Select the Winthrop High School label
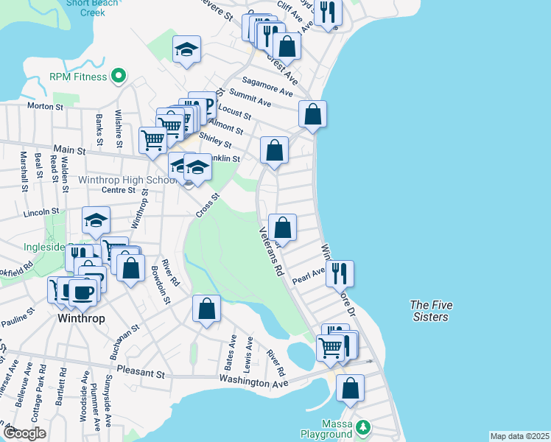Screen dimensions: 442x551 coord(127,180)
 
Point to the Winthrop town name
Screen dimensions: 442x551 coord(81,319)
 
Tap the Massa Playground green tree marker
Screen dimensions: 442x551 coord(362,427)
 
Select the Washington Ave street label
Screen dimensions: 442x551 coord(253,381)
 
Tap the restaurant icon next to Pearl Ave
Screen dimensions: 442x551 coord(340,273)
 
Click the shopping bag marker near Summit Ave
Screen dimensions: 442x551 coord(312,114)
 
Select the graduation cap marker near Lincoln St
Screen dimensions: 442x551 coord(96,220)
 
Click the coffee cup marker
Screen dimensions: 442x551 coord(82,291)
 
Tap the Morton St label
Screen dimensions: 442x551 coord(45,106)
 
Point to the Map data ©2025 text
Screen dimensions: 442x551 coord(519,436)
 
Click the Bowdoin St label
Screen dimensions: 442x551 coord(161,286)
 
